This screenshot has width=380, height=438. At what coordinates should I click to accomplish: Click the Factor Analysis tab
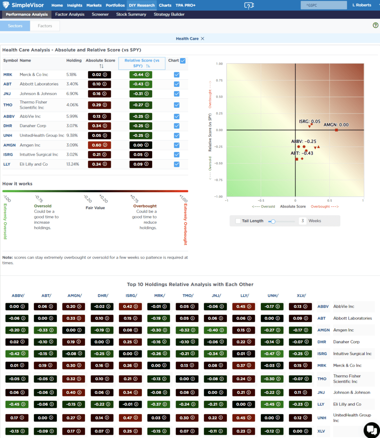(71, 14)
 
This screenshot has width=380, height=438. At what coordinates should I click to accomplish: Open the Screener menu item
(100, 14)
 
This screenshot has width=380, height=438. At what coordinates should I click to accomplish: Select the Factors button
(45, 26)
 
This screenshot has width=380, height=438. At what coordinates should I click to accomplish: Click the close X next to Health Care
(203, 38)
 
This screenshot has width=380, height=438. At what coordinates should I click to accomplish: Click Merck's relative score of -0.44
(141, 74)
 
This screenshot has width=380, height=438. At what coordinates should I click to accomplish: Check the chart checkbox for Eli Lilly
(177, 164)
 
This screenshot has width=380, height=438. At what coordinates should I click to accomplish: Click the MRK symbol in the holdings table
(8, 74)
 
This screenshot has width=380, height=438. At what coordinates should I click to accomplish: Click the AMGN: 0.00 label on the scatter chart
(336, 124)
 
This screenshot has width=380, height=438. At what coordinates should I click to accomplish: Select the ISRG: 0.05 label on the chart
(309, 121)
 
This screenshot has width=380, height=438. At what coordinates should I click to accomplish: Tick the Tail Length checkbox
(238, 221)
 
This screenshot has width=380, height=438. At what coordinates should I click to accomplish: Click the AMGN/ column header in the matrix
(74, 295)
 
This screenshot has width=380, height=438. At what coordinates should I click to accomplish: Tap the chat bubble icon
(370, 429)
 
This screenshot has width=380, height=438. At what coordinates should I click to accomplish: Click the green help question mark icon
(375, 26)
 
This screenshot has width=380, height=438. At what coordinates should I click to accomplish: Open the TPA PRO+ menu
(185, 5)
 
